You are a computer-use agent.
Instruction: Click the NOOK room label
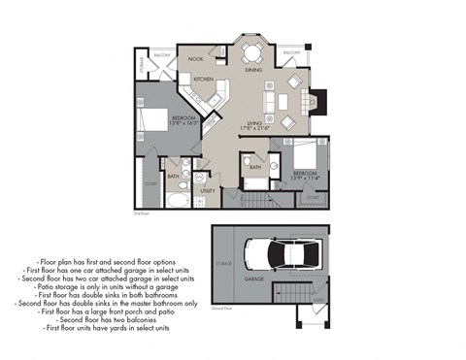(195, 59)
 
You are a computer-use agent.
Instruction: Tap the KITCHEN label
(203, 79)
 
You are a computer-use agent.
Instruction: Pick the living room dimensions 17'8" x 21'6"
(255, 128)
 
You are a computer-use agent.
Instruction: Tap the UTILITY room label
(208, 192)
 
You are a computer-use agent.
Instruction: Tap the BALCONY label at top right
(292, 53)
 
